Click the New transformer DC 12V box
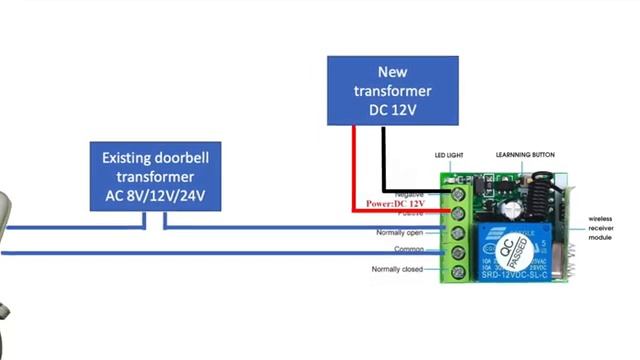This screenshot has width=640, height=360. tap(393, 90)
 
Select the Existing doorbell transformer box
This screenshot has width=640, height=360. tap(155, 176)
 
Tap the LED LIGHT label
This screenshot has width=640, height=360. tap(449, 155)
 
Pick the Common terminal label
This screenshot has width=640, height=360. tap(408, 250)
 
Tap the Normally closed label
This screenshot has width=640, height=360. tap(398, 269)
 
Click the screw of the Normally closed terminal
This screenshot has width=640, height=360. tap(458, 271)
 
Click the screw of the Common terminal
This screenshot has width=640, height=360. tap(458, 252)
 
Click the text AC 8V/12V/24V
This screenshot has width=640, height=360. tap(155, 195)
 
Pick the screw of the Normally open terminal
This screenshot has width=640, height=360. tap(458, 232)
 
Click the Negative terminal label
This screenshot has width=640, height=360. tap(410, 193)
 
